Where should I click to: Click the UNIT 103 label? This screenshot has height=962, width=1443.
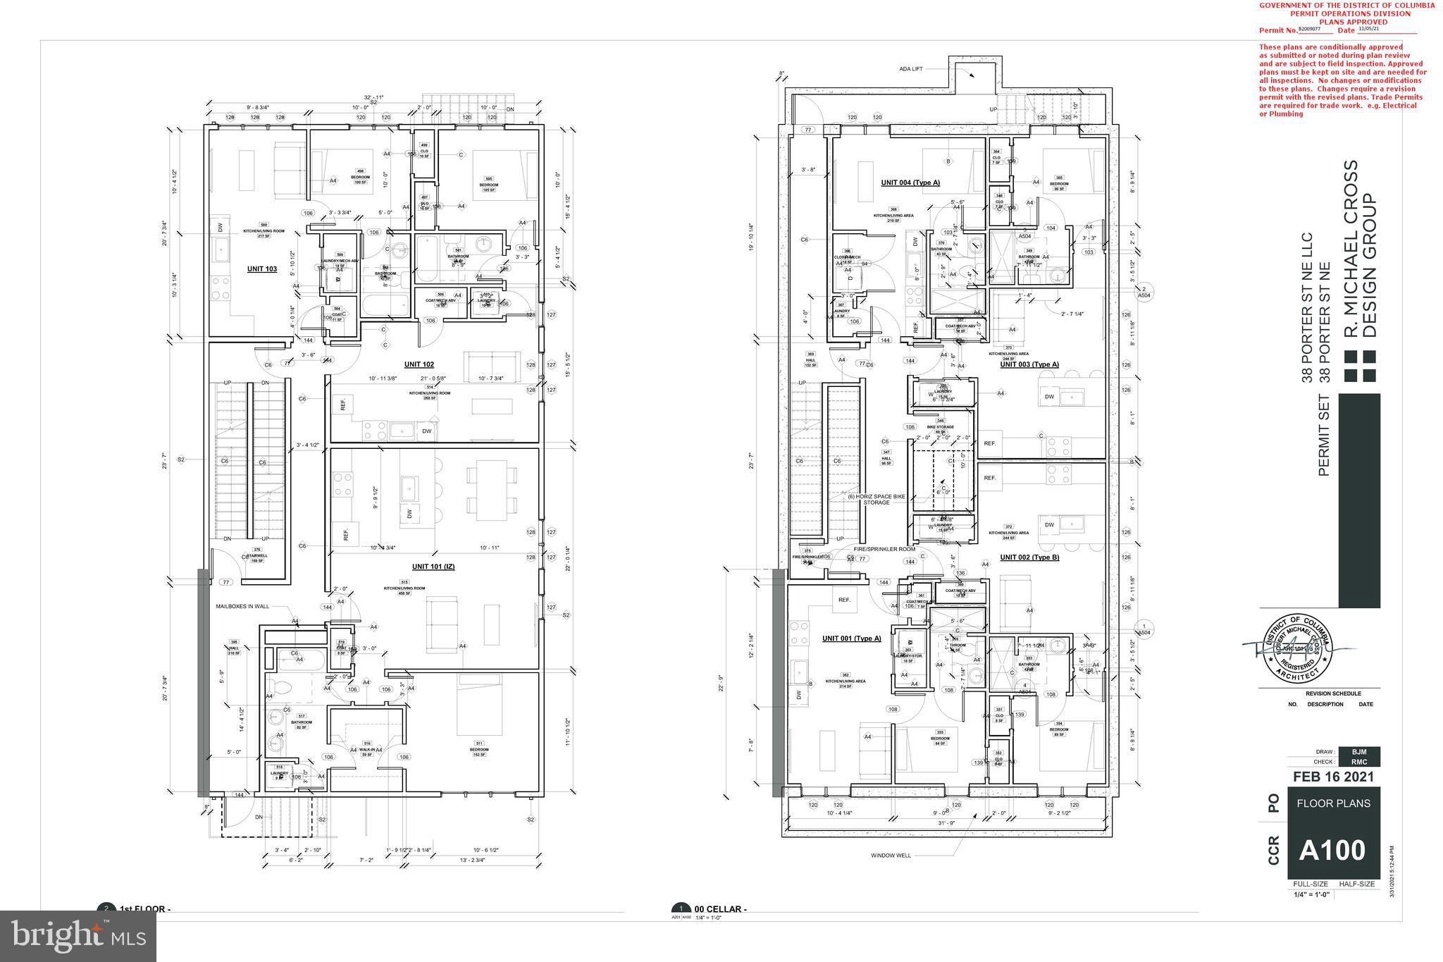click(x=261, y=269)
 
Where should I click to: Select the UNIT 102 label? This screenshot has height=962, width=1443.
click(x=419, y=364)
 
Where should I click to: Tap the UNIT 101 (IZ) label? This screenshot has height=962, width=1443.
click(x=433, y=567)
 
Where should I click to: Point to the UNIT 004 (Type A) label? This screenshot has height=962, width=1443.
click(x=910, y=183)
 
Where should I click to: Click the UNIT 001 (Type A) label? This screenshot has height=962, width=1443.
click(x=851, y=639)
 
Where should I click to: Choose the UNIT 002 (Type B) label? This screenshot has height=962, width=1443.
click(x=1029, y=557)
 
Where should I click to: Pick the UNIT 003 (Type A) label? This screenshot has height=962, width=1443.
click(x=1029, y=364)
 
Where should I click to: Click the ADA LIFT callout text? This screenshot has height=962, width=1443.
click(x=910, y=69)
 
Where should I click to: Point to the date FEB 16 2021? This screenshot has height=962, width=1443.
click(x=1333, y=777)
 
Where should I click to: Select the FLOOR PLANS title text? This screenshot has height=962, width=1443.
click(x=1333, y=803)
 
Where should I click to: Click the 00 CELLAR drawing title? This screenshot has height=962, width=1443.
click(x=720, y=909)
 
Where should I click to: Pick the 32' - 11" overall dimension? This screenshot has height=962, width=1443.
click(x=373, y=97)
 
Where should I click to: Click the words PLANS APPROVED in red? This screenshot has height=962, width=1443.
click(x=1348, y=22)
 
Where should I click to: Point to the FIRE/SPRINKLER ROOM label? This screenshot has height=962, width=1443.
click(x=884, y=549)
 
